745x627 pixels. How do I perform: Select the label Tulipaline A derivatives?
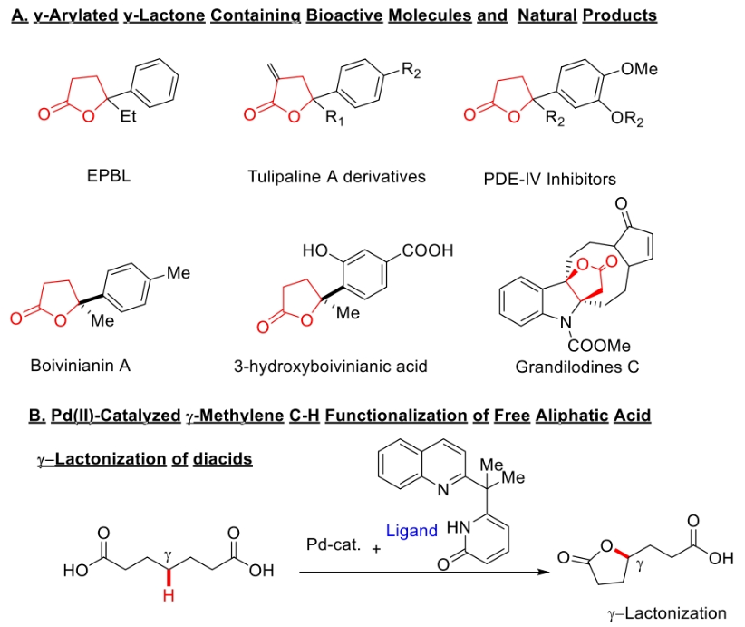coord(336,176)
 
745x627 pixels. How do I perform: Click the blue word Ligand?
coord(411,530)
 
